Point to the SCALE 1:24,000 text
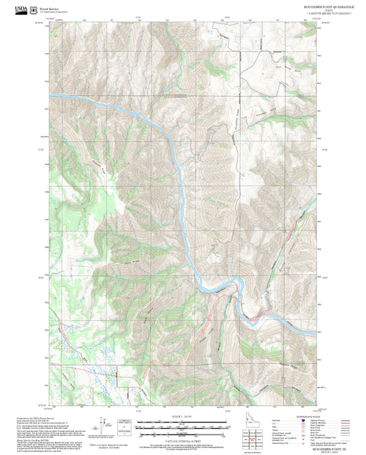tap(182, 417)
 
